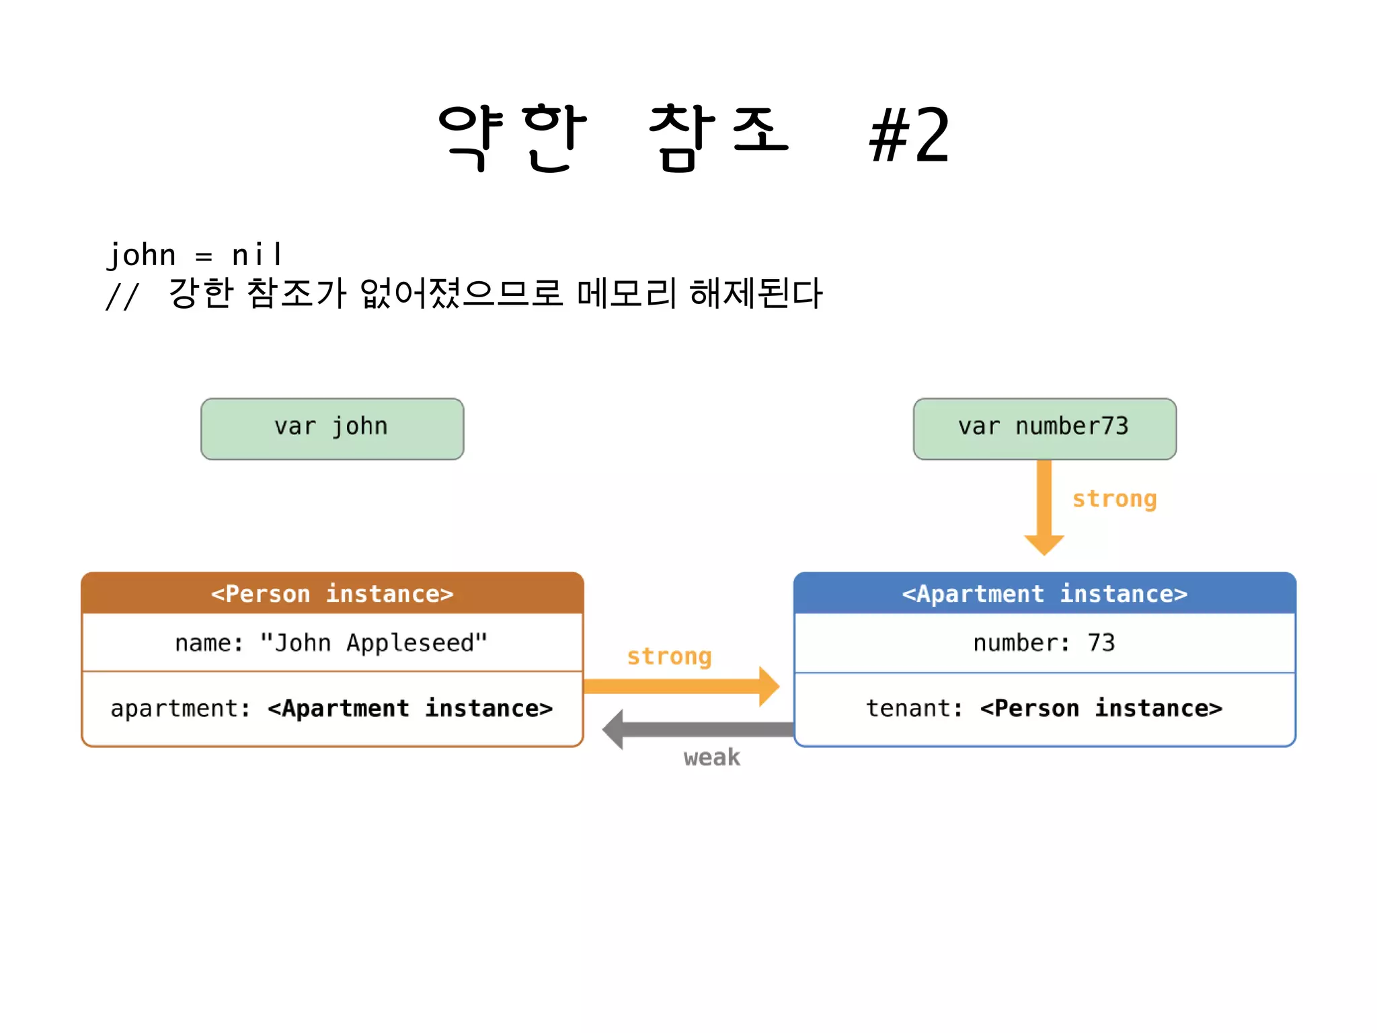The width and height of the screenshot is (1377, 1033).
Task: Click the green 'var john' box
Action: pos(332,428)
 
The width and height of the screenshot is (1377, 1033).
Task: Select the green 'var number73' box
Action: pos(1044,428)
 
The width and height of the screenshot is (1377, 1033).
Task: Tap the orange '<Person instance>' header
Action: pos(332,593)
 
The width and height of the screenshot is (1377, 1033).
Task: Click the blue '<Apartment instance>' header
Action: pos(1044,593)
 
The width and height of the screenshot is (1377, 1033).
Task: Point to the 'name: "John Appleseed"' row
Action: pos(332,643)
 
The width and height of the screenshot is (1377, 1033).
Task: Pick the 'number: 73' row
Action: pos(1044,643)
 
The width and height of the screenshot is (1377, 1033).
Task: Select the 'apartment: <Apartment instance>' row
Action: pos(332,708)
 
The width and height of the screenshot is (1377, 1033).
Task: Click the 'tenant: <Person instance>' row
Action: pos(1044,708)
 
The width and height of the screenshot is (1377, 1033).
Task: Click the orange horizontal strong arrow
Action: pos(679,687)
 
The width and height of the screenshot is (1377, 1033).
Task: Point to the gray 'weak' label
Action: pos(711,758)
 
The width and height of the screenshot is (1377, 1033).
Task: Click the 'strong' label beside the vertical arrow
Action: pos(1114,499)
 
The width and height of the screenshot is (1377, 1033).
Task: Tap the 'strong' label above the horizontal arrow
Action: pos(669,656)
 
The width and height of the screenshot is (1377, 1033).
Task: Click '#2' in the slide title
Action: pos(910,137)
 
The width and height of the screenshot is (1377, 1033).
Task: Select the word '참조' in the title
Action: pos(718,137)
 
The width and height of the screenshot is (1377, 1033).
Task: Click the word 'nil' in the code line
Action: pos(257,255)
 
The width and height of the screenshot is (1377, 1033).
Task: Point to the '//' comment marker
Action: pos(122,296)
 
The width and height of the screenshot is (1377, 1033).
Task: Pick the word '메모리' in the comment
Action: pos(627,293)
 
